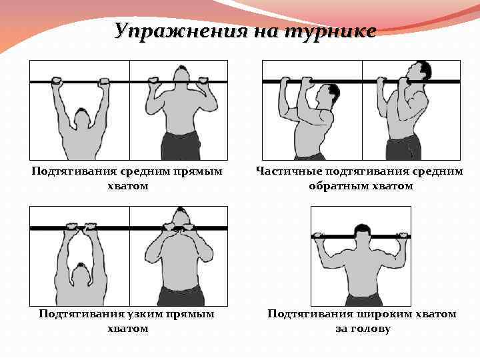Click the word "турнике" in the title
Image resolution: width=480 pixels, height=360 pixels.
[x=330, y=31]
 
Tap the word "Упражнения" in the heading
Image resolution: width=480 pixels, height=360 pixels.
[x=180, y=31]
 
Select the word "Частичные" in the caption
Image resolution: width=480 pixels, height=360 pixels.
[x=289, y=171]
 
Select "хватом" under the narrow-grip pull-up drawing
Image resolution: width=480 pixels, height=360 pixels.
[x=128, y=329]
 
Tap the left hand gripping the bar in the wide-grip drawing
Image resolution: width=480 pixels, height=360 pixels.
[x=318, y=235]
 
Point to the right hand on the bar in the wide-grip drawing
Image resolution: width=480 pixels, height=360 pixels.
[x=403, y=235]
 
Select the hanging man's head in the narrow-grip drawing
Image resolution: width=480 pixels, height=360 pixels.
[x=81, y=268]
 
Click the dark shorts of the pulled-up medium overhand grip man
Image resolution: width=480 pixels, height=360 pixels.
[x=181, y=145]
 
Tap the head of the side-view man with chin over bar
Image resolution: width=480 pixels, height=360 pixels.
[x=420, y=72]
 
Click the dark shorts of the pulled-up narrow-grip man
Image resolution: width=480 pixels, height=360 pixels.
[x=181, y=296]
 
